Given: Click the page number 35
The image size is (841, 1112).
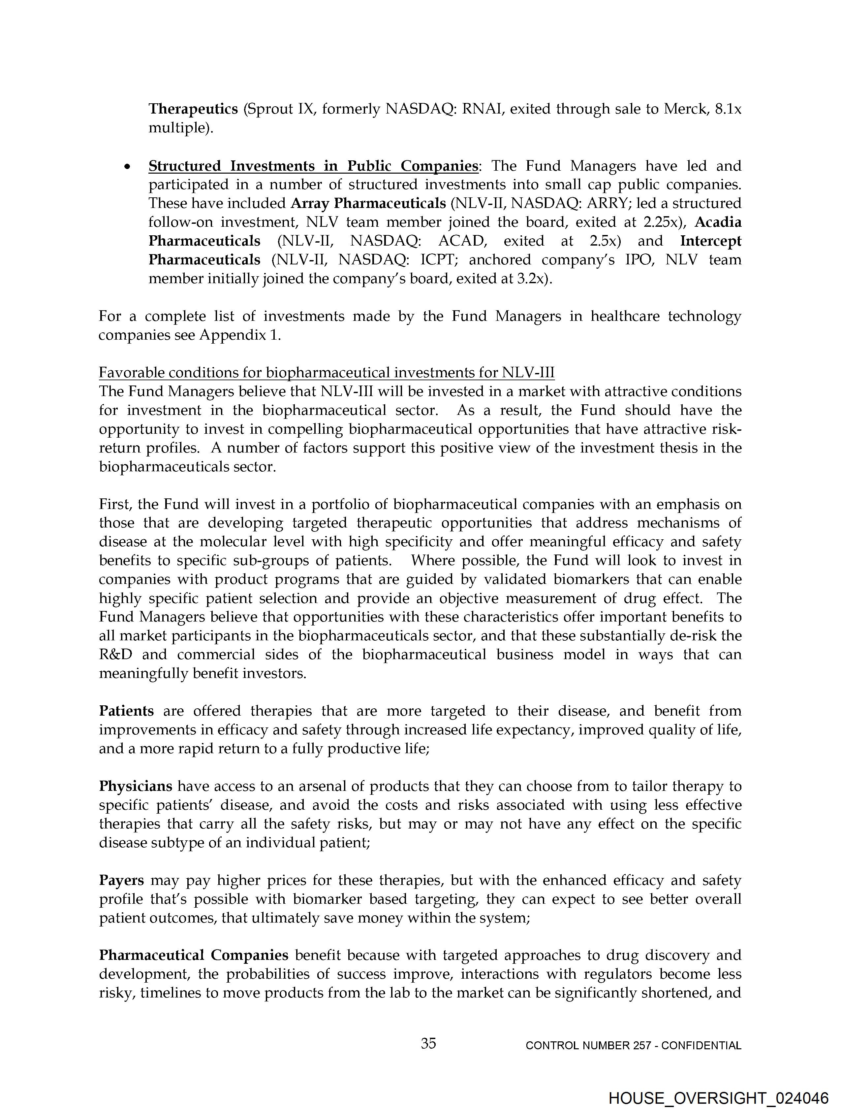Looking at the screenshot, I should click(x=428, y=1044).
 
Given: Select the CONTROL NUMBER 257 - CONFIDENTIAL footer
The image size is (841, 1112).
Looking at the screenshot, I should click(x=633, y=1046).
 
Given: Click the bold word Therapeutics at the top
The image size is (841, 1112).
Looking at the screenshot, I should click(x=193, y=109).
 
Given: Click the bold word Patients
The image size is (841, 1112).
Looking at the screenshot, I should click(x=127, y=711).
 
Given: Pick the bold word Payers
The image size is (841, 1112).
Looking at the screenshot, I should click(x=122, y=880).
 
